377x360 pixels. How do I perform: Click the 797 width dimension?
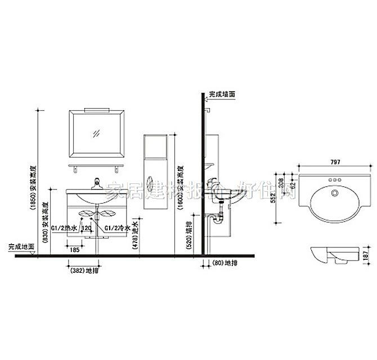[x=335, y=163]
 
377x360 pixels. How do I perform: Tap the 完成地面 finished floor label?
[x=21, y=246]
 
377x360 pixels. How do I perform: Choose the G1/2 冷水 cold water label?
[x=118, y=229]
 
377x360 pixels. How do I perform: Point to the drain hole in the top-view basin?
[x=334, y=193]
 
